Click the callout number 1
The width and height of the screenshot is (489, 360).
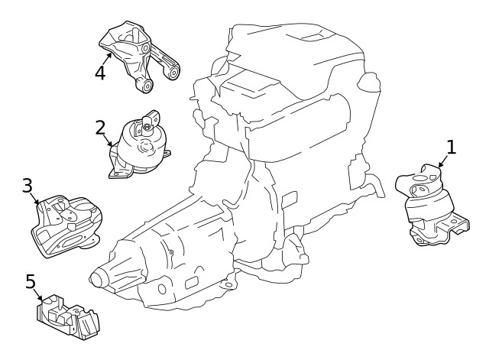click(x=452, y=148)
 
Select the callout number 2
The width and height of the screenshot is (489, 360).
click(x=100, y=127)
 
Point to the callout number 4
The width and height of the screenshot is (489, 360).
click(x=100, y=73)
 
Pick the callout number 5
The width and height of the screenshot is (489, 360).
click(x=31, y=281)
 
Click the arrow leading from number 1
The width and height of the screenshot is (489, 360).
click(x=442, y=162)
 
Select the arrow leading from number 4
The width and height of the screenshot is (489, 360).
click(x=107, y=59)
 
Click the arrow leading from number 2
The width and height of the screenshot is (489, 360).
click(x=108, y=140)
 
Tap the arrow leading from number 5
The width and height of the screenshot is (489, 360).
click(x=38, y=295)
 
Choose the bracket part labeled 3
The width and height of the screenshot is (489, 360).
click(x=67, y=225)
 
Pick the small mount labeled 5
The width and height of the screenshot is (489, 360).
click(x=67, y=316)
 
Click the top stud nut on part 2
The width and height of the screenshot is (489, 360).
click(x=146, y=128)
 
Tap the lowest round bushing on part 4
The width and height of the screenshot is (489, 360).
click(x=145, y=86)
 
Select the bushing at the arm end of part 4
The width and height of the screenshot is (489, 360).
click(x=173, y=73)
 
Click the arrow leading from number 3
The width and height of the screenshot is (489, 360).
click(x=36, y=199)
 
